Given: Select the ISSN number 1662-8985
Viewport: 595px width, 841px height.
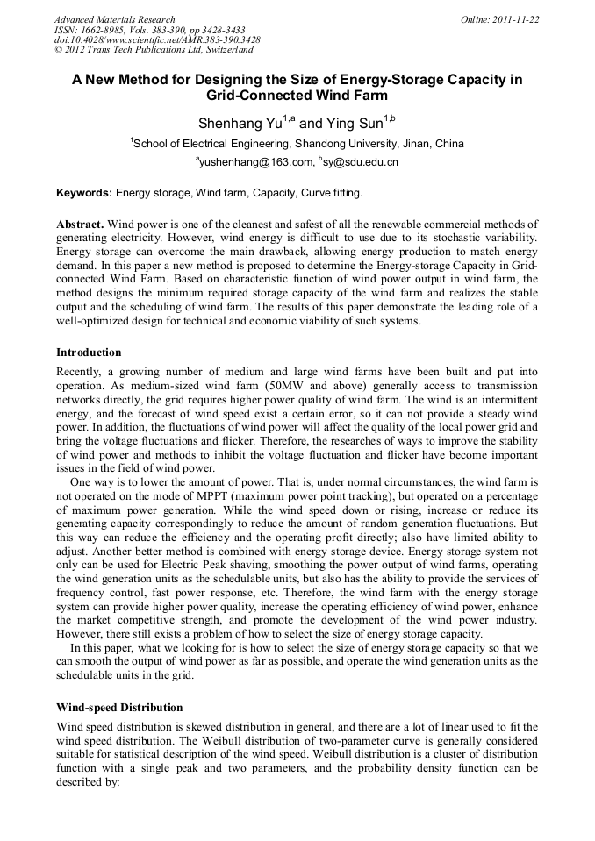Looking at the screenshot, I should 101,29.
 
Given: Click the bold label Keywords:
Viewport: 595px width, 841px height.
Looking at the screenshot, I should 84,192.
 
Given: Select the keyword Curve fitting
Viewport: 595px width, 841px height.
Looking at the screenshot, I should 332,192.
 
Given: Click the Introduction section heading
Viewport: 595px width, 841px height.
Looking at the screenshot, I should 89,353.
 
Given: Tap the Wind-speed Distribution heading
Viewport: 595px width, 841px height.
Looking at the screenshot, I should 119,707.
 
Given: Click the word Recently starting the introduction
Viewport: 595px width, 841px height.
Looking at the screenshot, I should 80,372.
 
